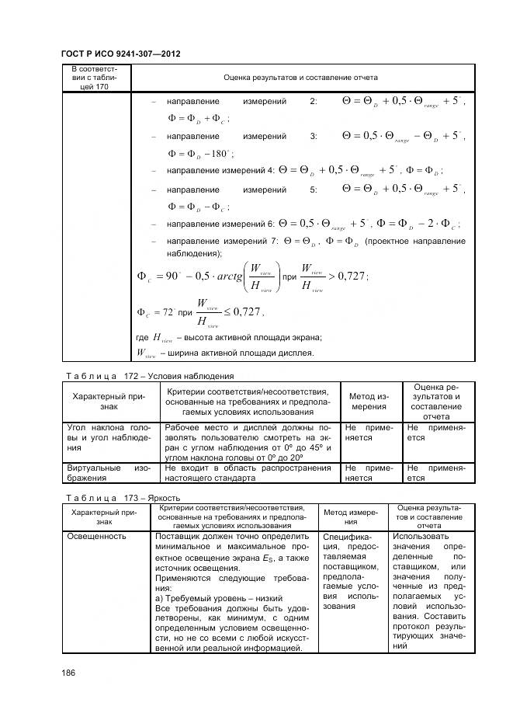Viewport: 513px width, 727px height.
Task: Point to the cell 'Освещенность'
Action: click(96, 536)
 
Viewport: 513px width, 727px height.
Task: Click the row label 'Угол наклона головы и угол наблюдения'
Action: click(108, 437)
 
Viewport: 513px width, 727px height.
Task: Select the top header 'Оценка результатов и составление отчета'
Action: click(300, 78)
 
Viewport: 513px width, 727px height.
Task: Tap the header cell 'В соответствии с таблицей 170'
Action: click(95, 78)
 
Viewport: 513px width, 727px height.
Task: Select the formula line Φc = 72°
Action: click(200, 312)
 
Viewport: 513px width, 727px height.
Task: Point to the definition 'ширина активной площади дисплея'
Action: click(237, 353)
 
